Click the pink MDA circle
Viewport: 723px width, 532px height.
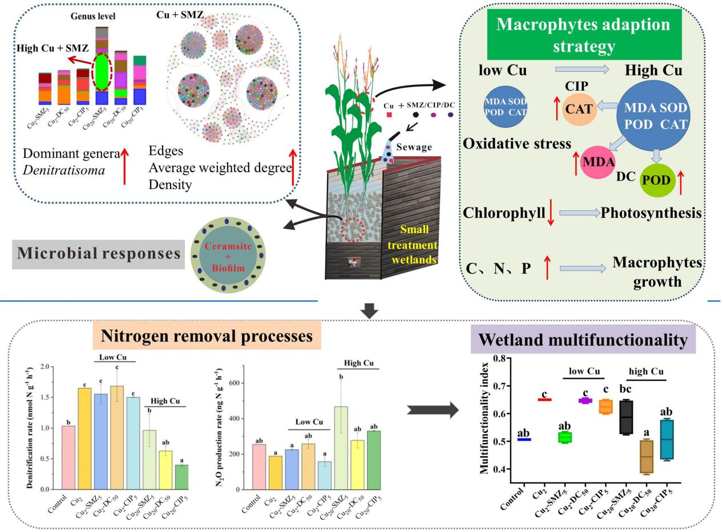click(x=597, y=162)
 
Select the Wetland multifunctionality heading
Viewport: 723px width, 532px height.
click(x=583, y=340)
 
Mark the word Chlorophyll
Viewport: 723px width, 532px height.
click(x=501, y=213)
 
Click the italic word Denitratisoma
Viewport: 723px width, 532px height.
click(x=64, y=169)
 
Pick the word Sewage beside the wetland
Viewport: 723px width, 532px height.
click(x=414, y=147)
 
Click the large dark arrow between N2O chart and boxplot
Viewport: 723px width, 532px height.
click(x=433, y=409)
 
